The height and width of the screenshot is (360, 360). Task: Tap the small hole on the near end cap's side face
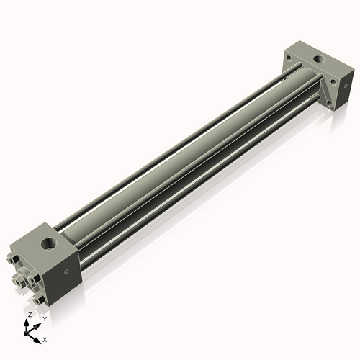(x=66, y=271)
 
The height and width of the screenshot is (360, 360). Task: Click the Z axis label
(x=29, y=315)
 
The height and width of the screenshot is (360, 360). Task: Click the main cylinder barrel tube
(x=180, y=155)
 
